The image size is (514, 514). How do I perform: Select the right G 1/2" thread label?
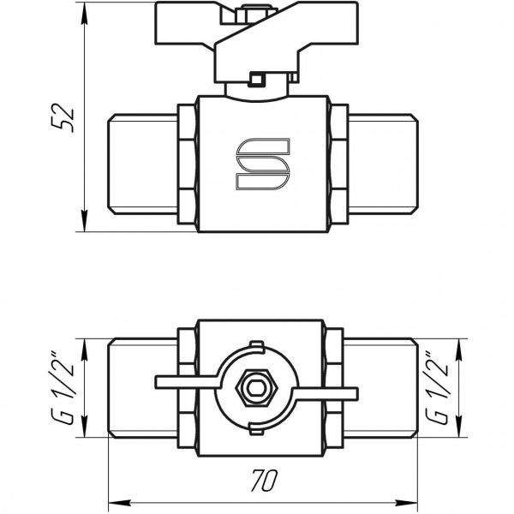(x=443, y=387)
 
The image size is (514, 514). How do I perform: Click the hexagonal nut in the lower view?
(x=254, y=387)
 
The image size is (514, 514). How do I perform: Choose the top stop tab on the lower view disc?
(x=254, y=346)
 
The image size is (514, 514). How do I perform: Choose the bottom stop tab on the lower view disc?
(x=254, y=428)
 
